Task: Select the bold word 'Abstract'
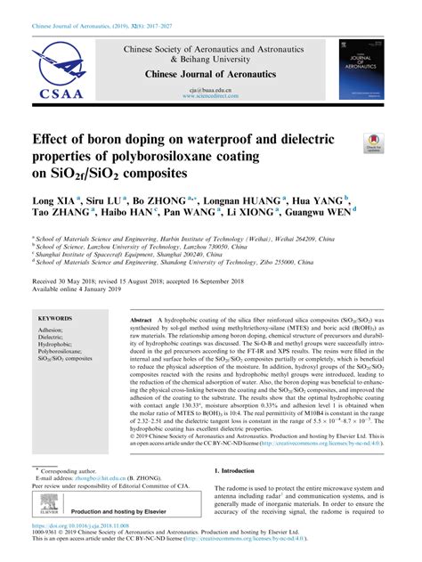142,318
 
